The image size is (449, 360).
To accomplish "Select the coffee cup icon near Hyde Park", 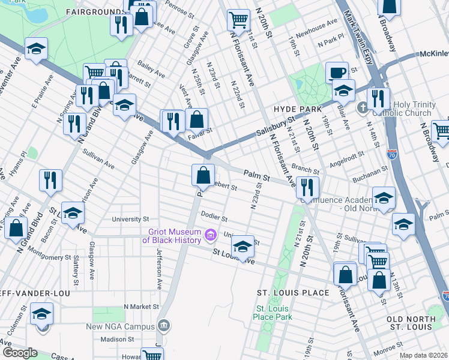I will point(337,73).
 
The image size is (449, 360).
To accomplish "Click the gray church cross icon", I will point(363,109).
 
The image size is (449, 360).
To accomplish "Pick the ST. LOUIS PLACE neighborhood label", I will point(293,293).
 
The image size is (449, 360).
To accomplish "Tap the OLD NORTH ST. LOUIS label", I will point(409,322).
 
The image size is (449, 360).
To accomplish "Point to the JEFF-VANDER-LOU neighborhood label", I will point(35,293).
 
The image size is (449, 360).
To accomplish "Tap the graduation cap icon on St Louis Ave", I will point(243,247).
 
